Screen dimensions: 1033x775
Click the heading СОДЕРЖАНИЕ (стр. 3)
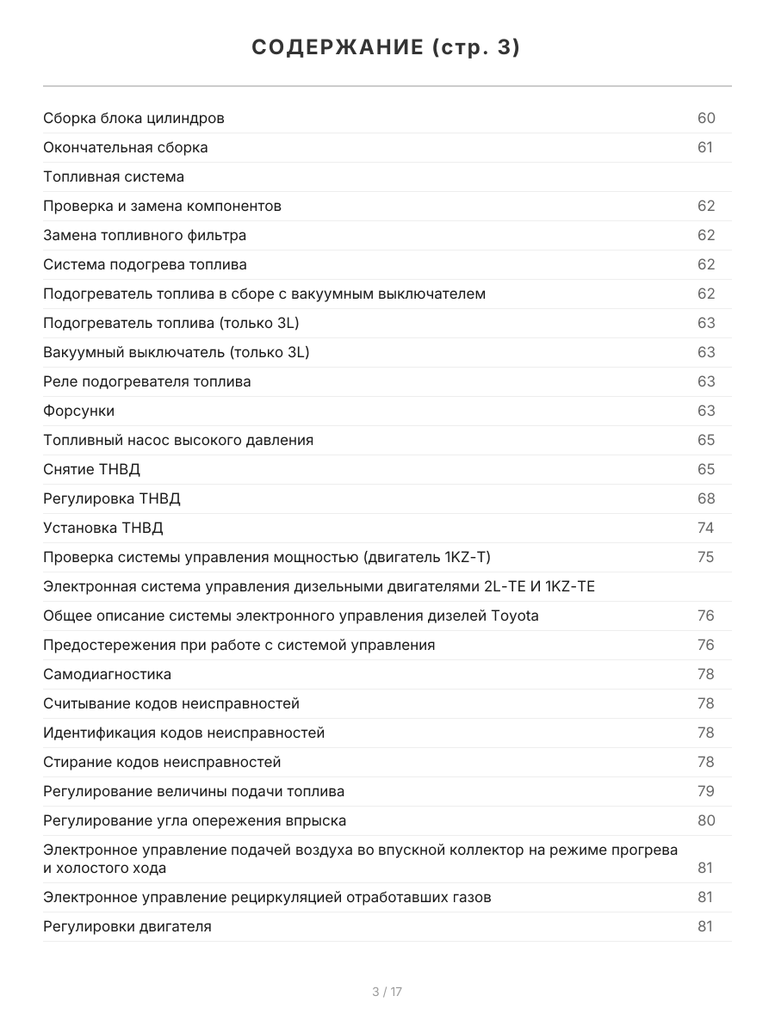click(387, 48)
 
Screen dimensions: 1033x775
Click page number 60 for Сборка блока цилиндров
click(706, 118)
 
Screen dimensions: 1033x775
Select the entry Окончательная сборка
click(126, 147)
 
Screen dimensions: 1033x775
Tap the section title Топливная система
click(114, 176)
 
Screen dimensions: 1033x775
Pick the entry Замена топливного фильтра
click(145, 235)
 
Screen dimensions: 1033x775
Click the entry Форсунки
click(78, 411)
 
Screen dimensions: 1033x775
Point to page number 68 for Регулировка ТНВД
click(706, 498)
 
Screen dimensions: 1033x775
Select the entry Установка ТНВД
click(102, 528)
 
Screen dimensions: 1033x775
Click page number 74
click(706, 528)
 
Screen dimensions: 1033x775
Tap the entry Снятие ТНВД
click(91, 469)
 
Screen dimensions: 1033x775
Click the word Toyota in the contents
click(515, 615)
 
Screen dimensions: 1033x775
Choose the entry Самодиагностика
click(107, 674)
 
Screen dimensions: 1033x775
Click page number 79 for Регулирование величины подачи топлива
click(706, 791)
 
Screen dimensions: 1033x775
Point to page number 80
click(706, 820)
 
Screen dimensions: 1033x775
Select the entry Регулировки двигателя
click(127, 926)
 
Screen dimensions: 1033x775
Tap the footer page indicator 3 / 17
click(387, 992)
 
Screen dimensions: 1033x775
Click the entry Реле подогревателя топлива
click(147, 381)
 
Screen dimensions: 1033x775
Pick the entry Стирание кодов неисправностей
click(162, 762)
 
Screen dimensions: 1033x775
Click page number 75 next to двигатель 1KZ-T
click(706, 557)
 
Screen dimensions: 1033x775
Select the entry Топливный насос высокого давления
click(178, 440)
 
